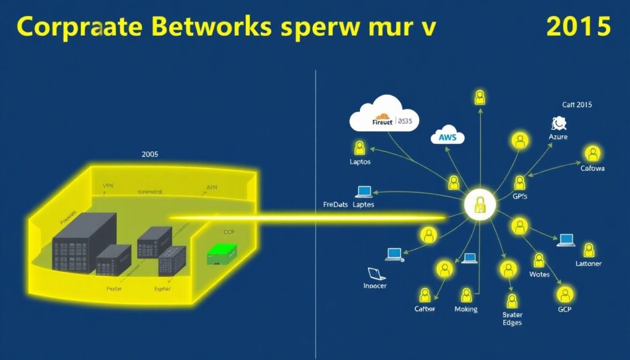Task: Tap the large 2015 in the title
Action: coord(578,27)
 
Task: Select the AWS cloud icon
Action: coord(448,137)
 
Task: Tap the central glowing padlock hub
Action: coord(479,206)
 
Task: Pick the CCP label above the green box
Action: coord(229,233)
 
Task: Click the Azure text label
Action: coord(558,137)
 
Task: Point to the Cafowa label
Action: coord(592,167)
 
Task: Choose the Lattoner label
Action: coord(588,263)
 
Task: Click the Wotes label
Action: coord(539,274)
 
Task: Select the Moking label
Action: coord(466,309)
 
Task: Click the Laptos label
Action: coord(359,162)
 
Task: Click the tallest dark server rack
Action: coord(84,242)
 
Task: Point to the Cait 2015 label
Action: coord(576,105)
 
